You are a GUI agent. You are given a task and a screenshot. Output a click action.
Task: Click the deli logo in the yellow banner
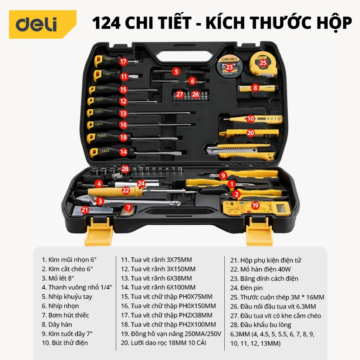coord(36,24)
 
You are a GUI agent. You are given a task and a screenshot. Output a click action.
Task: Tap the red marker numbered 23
coord(229,67)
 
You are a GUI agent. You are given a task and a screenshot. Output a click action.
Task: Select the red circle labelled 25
coord(263,63)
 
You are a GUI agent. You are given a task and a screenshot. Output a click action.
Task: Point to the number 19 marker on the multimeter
coord(255,205)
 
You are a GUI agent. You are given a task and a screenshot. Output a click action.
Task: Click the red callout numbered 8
coord(255,88)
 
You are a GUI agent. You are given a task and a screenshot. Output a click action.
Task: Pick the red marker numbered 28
coord(125,169)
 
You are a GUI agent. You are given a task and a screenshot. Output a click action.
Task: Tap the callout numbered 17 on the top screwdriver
coord(123,62)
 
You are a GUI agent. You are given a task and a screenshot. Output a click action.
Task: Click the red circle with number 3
coord(100,201)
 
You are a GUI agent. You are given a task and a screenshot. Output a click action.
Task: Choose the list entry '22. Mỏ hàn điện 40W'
coord(261,269)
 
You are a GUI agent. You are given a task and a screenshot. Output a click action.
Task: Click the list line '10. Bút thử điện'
coord(65,343)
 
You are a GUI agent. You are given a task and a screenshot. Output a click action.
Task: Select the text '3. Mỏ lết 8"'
coord(58,278)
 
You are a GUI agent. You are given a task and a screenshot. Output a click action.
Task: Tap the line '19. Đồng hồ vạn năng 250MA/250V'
coord(171,334)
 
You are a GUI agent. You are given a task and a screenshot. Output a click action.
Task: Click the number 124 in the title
coord(106,23)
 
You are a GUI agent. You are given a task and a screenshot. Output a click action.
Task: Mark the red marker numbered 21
coord(85,210)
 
